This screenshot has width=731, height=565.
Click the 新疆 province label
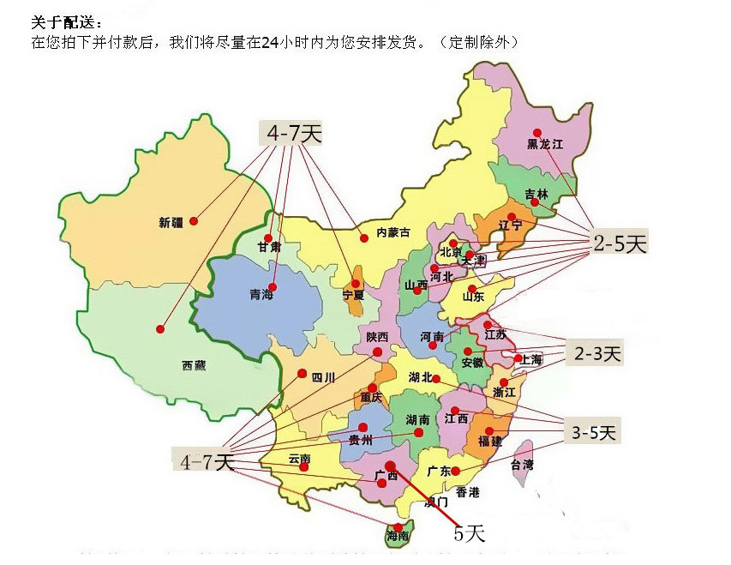[171, 223]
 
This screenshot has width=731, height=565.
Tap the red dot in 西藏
[160, 328]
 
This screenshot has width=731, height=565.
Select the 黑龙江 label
[545, 145]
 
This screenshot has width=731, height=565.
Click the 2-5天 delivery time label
[620, 243]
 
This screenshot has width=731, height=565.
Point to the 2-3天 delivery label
[597, 352]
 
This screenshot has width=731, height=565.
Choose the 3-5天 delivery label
[594, 433]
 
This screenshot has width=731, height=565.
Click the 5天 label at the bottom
[469, 534]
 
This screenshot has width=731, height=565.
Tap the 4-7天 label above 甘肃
[293, 133]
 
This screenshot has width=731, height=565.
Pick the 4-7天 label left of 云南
[207, 461]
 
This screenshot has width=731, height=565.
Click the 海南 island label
[398, 536]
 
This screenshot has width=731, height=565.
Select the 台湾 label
[521, 466]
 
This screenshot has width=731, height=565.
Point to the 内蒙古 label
[393, 232]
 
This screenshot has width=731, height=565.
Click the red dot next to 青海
[273, 286]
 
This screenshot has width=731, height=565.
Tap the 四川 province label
[322, 377]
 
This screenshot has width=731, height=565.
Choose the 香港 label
[468, 492]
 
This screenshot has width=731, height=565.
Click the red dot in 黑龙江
[536, 132]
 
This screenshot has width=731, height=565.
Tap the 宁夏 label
[353, 295]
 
